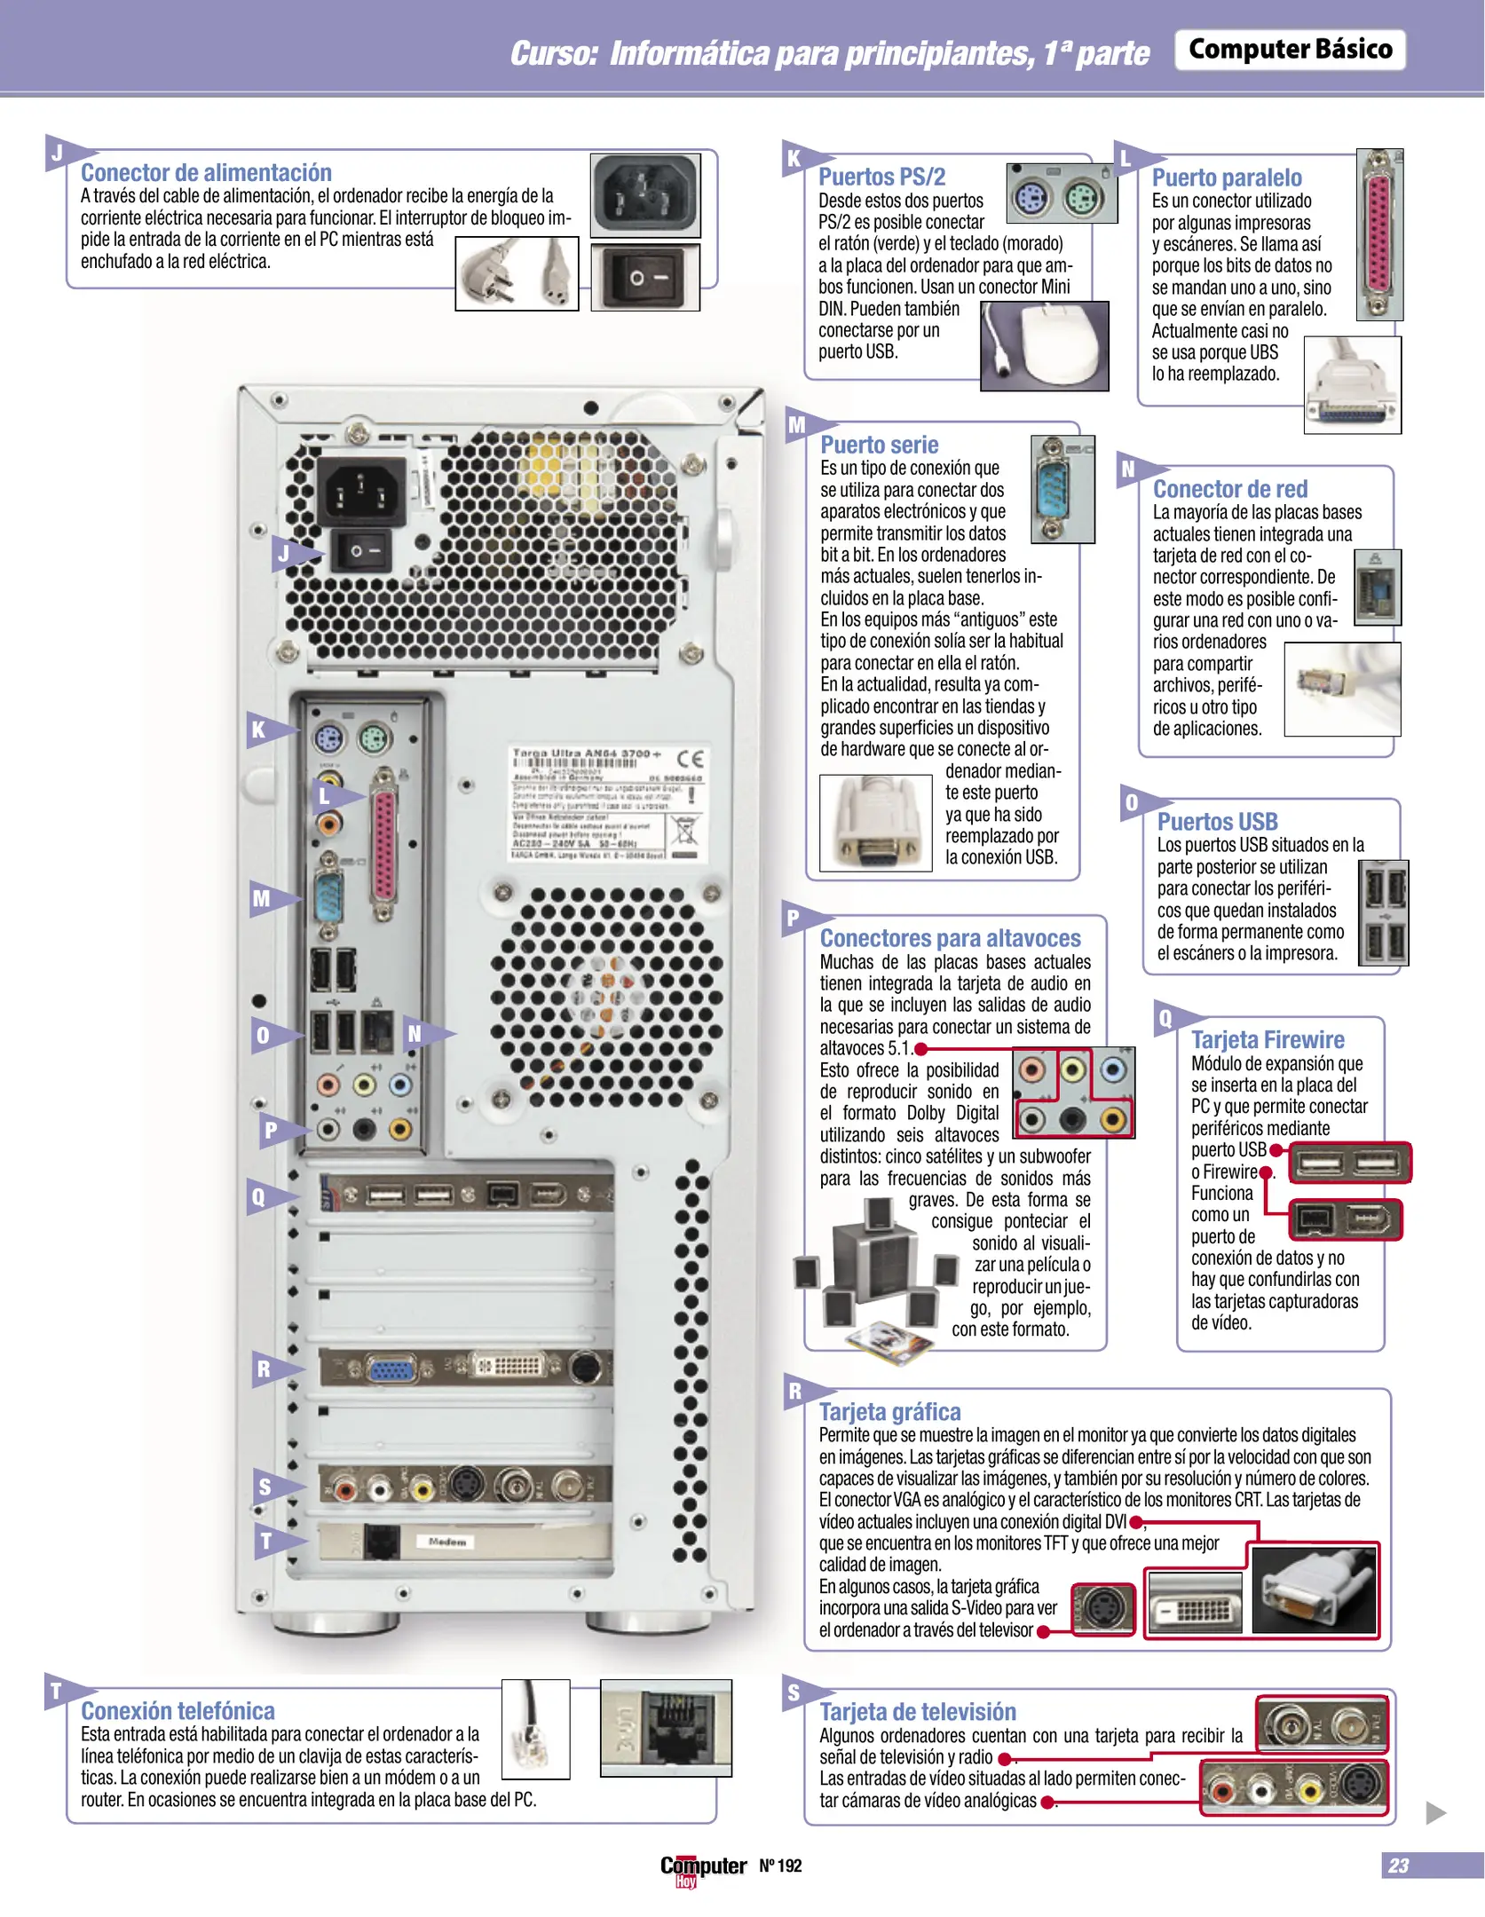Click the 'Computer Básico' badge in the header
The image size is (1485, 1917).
pos(1290,49)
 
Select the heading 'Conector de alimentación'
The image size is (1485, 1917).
pos(206,172)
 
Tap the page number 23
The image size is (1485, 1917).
pos(1398,1865)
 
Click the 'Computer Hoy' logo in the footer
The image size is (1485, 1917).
pos(702,1868)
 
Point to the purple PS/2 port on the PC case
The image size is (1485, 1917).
pos(328,738)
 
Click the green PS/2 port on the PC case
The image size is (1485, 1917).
pos(375,738)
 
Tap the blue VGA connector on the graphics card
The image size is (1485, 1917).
pos(391,1369)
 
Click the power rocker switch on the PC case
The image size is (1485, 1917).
pos(361,551)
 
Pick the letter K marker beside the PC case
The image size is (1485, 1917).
pos(258,730)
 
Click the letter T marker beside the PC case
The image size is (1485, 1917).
pos(265,1542)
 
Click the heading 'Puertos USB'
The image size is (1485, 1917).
pos(1217,822)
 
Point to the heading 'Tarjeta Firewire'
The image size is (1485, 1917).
pos(1267,1039)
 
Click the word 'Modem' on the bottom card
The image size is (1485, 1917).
pos(446,1542)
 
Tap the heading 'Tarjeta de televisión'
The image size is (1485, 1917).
pos(917,1711)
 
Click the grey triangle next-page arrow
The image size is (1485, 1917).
pos(1435,1812)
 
